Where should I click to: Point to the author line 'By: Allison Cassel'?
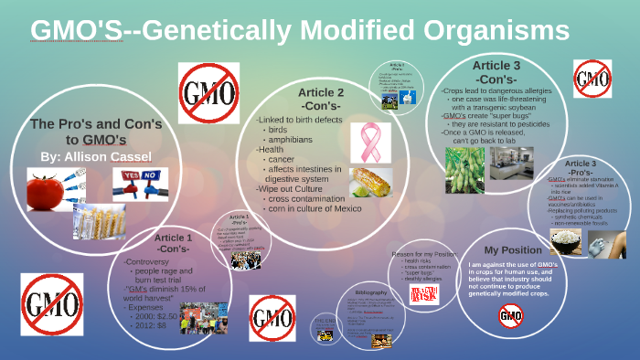coord(96,157)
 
